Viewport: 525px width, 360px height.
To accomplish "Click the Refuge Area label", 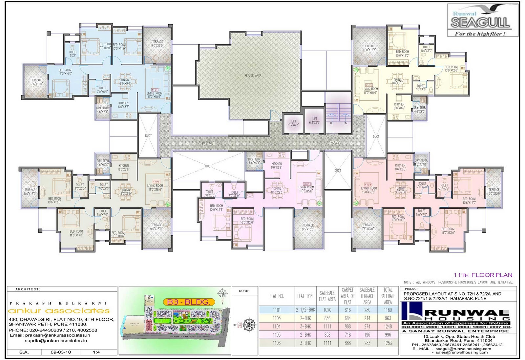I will tap(253, 75).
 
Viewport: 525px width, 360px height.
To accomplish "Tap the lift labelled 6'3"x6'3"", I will tap(293, 123).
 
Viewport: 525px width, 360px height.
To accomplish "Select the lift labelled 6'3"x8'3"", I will tap(315, 121).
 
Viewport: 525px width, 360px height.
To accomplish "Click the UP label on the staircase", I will tap(332, 123).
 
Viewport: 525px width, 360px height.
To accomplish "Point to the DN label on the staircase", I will tap(345, 123).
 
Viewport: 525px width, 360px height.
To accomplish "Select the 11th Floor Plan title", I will tap(483, 275).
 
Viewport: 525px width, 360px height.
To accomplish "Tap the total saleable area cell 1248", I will tap(388, 327).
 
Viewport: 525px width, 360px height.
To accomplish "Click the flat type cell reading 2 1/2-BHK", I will tap(305, 310).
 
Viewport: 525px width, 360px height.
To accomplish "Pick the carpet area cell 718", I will tap(347, 335).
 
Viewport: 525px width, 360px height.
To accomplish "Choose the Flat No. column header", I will tap(277, 296).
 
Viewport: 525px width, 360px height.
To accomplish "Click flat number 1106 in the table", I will tap(277, 343).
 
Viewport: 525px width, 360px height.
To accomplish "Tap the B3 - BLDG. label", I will tap(189, 302).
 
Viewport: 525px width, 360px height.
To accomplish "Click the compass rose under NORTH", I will tap(249, 325).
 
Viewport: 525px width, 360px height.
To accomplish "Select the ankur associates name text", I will tap(59, 311).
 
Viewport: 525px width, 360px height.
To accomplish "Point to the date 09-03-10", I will tap(61, 352).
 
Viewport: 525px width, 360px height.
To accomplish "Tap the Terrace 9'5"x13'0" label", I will tap(308, 227).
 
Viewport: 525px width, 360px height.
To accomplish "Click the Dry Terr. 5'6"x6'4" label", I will tap(254, 161).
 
